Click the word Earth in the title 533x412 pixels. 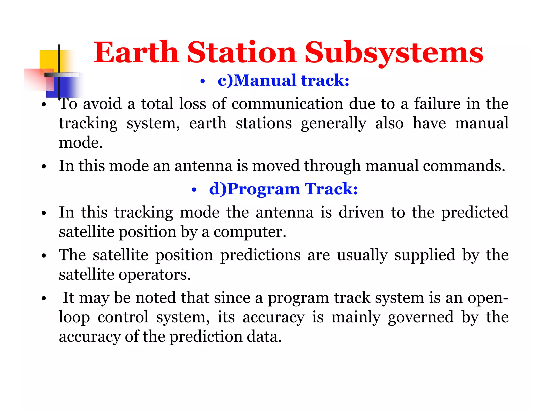click(x=136, y=53)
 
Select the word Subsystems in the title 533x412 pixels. click(x=394, y=53)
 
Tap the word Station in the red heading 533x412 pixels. click(x=242, y=53)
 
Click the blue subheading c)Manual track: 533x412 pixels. click(x=283, y=80)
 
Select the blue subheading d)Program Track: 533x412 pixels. click(x=283, y=189)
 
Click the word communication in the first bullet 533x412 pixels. click(x=287, y=104)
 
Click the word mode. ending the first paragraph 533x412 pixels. click(x=81, y=143)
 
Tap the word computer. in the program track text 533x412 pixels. click(x=250, y=232)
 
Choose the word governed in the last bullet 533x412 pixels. click(x=421, y=317)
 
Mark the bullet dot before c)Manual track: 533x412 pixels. click(x=203, y=82)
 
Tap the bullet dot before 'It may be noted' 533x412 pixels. click(x=44, y=298)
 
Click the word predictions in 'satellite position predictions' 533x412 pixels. click(x=260, y=255)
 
